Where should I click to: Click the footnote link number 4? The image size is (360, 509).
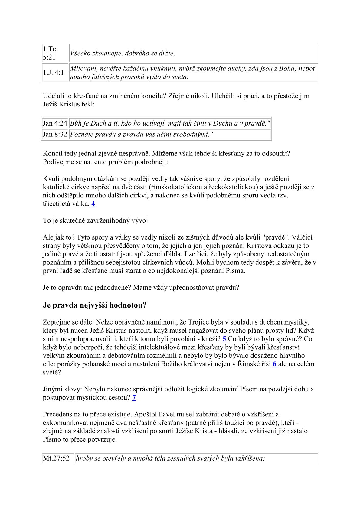click(93, 204)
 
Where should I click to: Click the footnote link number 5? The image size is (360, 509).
click(224, 339)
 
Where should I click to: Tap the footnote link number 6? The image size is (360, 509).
click(275, 364)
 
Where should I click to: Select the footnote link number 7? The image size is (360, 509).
click(134, 397)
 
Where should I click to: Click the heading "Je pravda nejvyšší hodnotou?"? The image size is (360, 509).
click(95, 305)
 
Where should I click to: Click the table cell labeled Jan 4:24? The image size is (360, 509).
click(55, 123)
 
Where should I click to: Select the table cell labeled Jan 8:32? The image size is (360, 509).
click(55, 134)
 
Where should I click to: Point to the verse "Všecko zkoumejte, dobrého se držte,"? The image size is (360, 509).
click(123, 54)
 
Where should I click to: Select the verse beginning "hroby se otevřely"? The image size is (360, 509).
click(170, 458)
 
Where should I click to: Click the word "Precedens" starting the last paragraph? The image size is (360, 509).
click(57, 414)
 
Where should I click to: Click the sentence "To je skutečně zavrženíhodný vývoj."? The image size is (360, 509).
click(96, 220)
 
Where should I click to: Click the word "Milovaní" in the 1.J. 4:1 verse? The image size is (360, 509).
click(82, 69)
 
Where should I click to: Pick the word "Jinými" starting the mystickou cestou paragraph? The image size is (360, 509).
click(52, 389)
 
